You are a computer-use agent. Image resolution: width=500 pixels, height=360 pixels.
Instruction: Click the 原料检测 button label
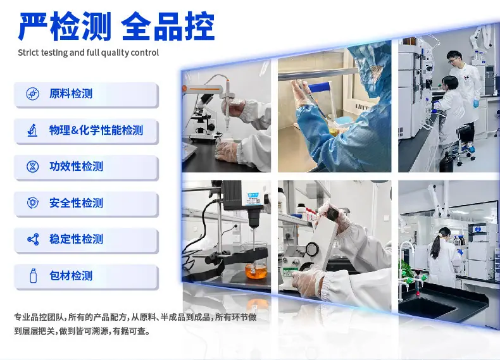[71, 94]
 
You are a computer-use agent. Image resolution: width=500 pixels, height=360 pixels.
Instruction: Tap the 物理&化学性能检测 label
[96, 130]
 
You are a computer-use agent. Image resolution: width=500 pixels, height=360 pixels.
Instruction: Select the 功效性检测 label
[76, 166]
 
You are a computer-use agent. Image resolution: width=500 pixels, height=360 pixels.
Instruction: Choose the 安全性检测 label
[76, 203]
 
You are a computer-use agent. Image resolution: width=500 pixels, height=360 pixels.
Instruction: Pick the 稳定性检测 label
[76, 239]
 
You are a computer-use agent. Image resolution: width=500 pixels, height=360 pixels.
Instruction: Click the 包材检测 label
[71, 275]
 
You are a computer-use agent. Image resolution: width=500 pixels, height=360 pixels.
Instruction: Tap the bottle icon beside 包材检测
[33, 276]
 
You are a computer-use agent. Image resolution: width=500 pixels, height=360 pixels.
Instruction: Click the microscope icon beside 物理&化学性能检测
[32, 130]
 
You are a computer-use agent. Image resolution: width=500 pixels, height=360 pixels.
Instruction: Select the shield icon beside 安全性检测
[32, 203]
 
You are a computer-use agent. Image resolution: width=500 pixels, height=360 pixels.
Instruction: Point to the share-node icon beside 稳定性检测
[33, 239]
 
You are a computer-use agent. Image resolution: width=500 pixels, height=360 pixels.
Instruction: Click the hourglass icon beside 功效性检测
[32, 166]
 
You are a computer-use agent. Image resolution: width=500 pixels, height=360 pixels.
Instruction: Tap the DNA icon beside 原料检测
[32, 94]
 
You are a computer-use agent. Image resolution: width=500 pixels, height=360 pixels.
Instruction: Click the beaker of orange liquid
[256, 270]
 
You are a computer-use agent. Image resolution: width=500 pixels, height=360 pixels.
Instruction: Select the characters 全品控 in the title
[168, 26]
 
